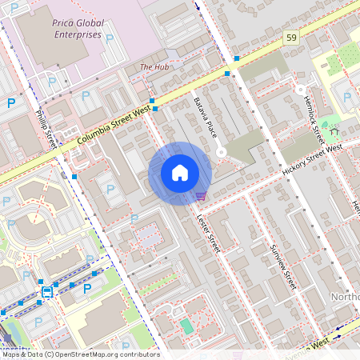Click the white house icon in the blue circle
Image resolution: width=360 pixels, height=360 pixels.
[x=180, y=173]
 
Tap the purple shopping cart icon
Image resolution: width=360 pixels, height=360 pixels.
[x=200, y=195]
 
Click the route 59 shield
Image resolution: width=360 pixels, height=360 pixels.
[x=291, y=38]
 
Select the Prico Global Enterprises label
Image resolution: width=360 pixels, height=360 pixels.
[x=78, y=30]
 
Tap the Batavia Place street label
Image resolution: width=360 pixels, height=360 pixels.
[x=205, y=117]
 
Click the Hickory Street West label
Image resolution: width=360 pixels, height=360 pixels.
[x=312, y=161]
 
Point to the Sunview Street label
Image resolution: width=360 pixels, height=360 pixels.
[x=284, y=267]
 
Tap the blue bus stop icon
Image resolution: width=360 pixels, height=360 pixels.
[x=47, y=292]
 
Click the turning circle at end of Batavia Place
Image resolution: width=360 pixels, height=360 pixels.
[x=222, y=151]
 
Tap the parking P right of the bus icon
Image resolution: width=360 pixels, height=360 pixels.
[x=87, y=288]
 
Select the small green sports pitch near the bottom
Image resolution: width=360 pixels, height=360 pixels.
[x=186, y=326]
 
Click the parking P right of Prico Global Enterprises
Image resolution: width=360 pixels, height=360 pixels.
[x=110, y=38]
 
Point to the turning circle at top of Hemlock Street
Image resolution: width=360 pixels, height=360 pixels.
[x=300, y=90]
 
